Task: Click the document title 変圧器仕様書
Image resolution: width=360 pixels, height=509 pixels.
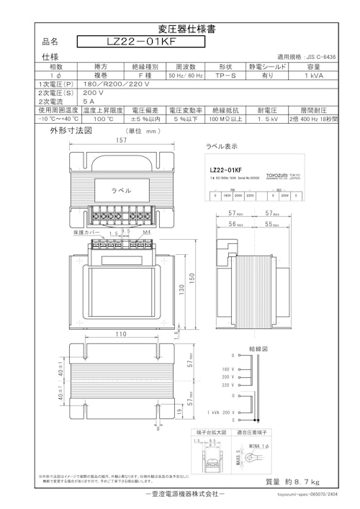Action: pos(179,29)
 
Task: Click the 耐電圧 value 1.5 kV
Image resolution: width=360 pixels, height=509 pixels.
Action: pos(268,119)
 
